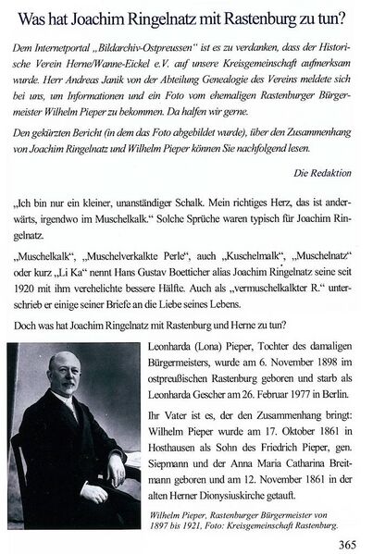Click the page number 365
click(x=349, y=540)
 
